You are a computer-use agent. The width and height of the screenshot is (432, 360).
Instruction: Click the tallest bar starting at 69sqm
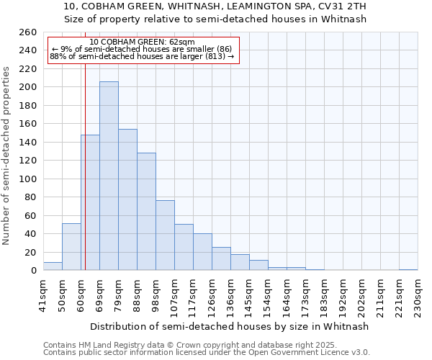pyautogui.click(x=109, y=176)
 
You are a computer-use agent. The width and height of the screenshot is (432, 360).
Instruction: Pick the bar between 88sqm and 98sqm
pyautogui.click(x=146, y=212)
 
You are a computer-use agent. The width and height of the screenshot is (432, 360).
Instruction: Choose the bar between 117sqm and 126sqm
pyautogui.click(x=202, y=252)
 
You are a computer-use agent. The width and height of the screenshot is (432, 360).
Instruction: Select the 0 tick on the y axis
pyautogui.click(x=33, y=271)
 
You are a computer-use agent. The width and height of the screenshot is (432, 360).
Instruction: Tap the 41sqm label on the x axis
pyautogui.click(x=43, y=296)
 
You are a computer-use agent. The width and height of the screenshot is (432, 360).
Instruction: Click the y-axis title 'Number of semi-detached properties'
pyautogui.click(x=7, y=156)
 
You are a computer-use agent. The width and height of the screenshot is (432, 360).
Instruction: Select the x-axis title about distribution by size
pyautogui.click(x=230, y=326)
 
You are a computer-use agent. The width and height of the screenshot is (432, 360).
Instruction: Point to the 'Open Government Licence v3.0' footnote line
pyautogui.click(x=207, y=353)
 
